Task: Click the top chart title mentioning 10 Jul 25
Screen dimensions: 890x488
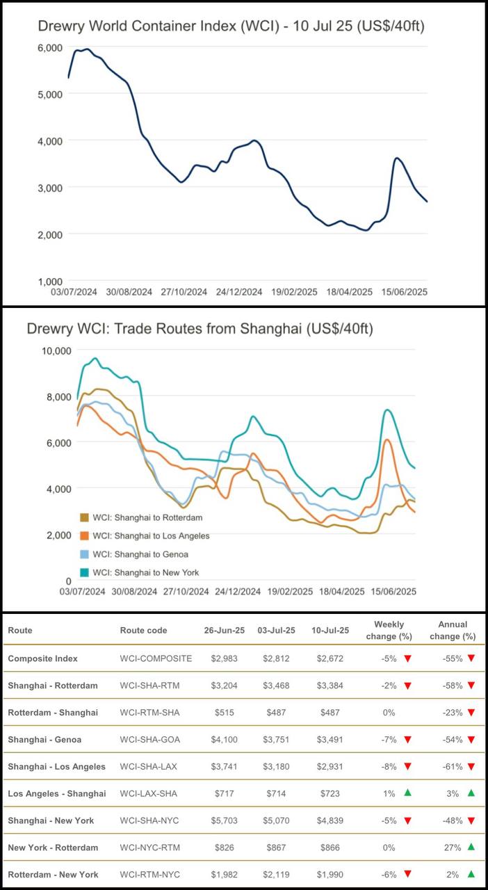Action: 231,26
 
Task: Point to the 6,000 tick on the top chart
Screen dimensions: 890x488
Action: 49,47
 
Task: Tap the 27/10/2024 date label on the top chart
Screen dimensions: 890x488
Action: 184,292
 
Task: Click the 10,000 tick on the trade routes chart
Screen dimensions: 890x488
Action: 53,350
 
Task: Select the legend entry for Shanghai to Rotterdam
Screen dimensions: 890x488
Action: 147,517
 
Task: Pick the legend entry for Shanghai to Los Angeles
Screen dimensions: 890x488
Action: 150,536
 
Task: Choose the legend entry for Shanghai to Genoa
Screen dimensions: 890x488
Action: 140,554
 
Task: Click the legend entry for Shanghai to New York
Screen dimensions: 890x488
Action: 145,573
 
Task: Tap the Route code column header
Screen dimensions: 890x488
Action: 144,631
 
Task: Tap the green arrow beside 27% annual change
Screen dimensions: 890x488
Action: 471,848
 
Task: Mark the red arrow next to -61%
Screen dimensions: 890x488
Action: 471,766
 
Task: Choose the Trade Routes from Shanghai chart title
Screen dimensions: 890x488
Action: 200,329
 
